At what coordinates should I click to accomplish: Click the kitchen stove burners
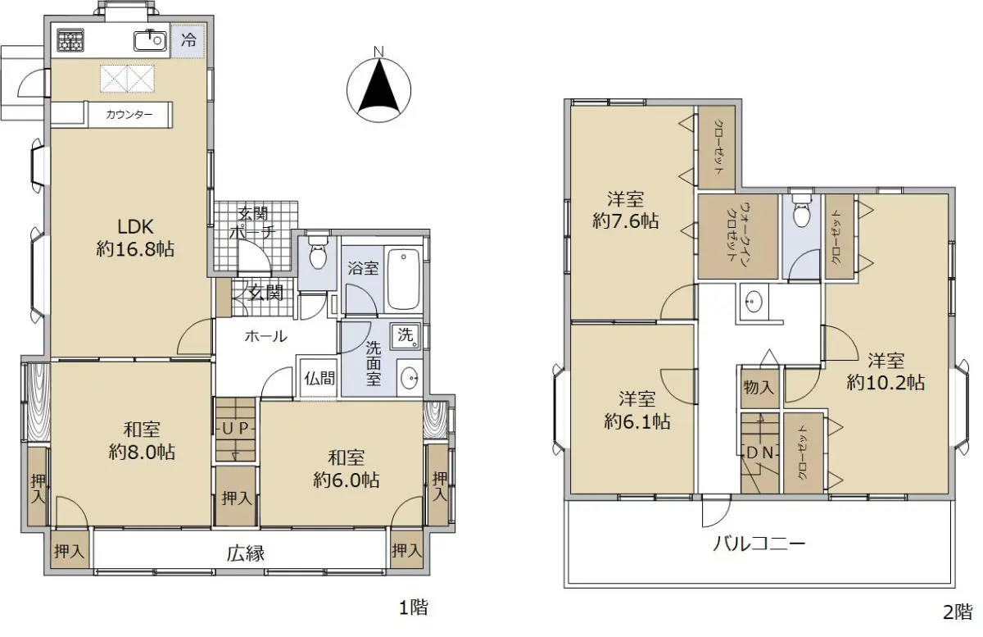click(70, 41)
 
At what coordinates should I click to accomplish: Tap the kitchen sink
click(150, 41)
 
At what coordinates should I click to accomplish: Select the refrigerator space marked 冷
click(189, 41)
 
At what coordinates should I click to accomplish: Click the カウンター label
click(129, 115)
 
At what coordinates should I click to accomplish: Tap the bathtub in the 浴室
click(403, 280)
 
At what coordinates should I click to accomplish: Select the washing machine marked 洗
click(405, 336)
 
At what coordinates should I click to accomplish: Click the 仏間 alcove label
click(320, 378)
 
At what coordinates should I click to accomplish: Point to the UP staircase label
click(235, 428)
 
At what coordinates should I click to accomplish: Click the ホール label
click(266, 337)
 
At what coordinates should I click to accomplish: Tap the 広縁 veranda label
click(246, 554)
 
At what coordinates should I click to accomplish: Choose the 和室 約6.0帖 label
click(347, 469)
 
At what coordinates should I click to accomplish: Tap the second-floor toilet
click(802, 212)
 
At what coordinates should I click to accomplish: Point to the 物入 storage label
click(759, 388)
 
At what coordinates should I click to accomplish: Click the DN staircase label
click(759, 453)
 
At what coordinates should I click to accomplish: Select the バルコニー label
click(759, 544)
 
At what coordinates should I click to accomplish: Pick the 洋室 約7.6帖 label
click(625, 211)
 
